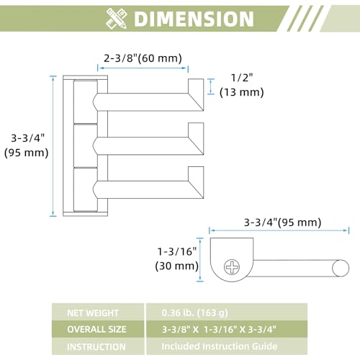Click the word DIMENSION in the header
[194, 19]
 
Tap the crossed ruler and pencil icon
[116, 19]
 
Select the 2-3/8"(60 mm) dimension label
[143, 58]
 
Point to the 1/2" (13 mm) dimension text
[242, 85]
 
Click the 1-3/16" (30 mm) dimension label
[177, 258]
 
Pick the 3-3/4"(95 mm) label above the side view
[282, 222]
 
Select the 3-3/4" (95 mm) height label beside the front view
[27, 145]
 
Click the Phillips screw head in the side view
[232, 267]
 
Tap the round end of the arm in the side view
[341, 268]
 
